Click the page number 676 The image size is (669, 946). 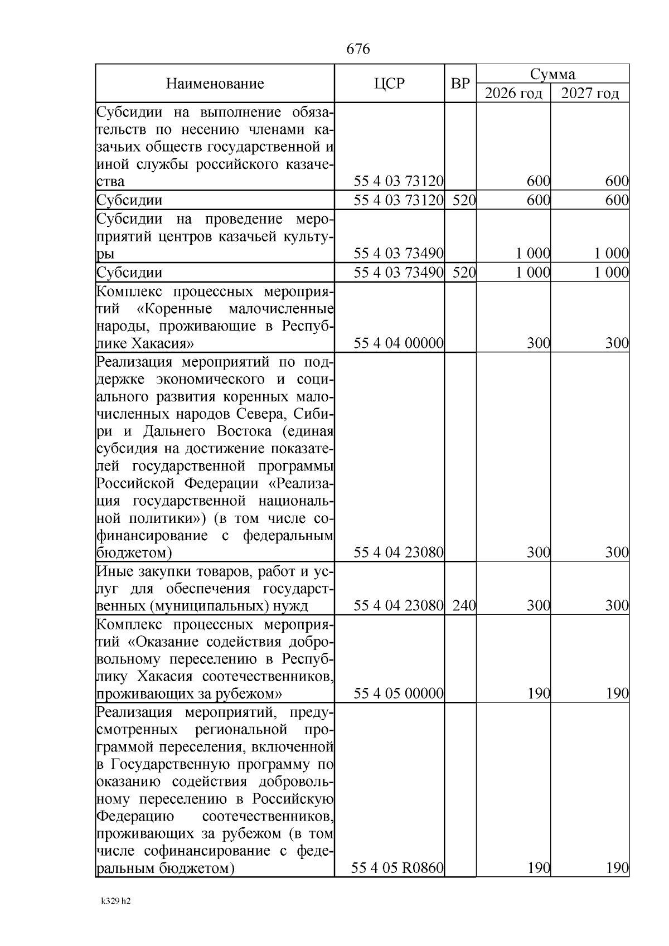click(358, 49)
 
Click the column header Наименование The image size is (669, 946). click(215, 84)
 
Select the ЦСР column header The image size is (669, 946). click(389, 84)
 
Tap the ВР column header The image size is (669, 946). click(460, 84)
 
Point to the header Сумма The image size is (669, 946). click(552, 74)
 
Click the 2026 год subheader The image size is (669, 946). click(513, 93)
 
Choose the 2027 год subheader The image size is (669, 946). click(590, 93)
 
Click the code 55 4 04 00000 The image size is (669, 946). click(399, 343)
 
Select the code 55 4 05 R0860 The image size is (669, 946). click(397, 884)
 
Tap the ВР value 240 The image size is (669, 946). click(464, 606)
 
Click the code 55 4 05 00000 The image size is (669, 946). click(399, 694)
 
